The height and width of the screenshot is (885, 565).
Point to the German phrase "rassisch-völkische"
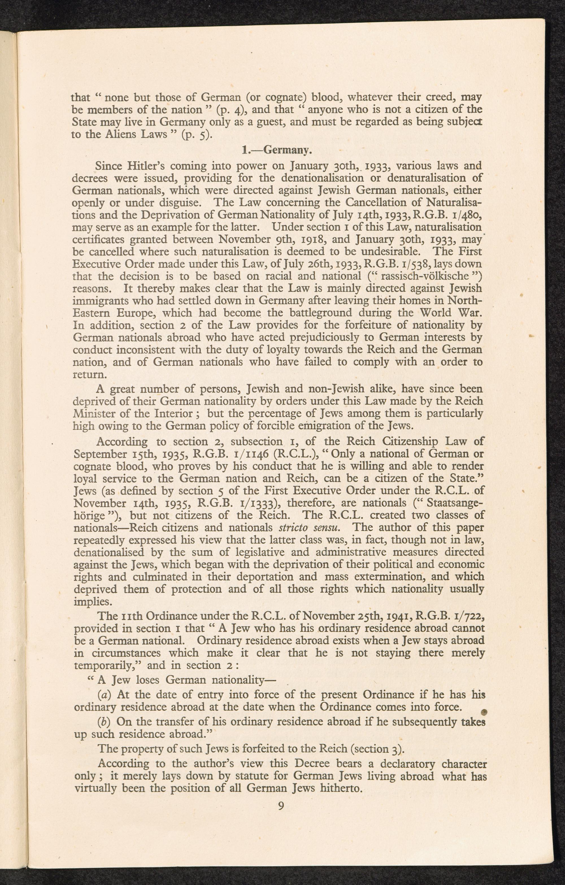click(421, 276)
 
